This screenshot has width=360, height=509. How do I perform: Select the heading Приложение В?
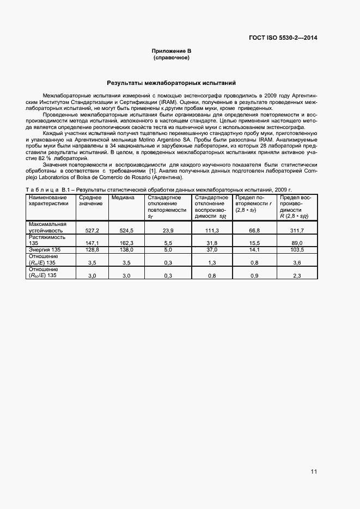tap(171, 51)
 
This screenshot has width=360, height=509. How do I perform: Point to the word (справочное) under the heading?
tap(171, 57)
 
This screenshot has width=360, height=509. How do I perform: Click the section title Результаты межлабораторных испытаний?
tap(171, 83)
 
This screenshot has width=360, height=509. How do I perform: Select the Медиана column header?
tap(123, 197)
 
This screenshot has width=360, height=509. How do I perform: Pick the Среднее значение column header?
tap(90, 200)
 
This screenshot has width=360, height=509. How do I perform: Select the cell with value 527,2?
tap(90, 231)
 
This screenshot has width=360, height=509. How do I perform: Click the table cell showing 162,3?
tap(126, 243)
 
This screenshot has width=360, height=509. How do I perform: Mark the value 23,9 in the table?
tap(168, 231)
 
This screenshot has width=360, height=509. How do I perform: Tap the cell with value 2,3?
tap(297, 276)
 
